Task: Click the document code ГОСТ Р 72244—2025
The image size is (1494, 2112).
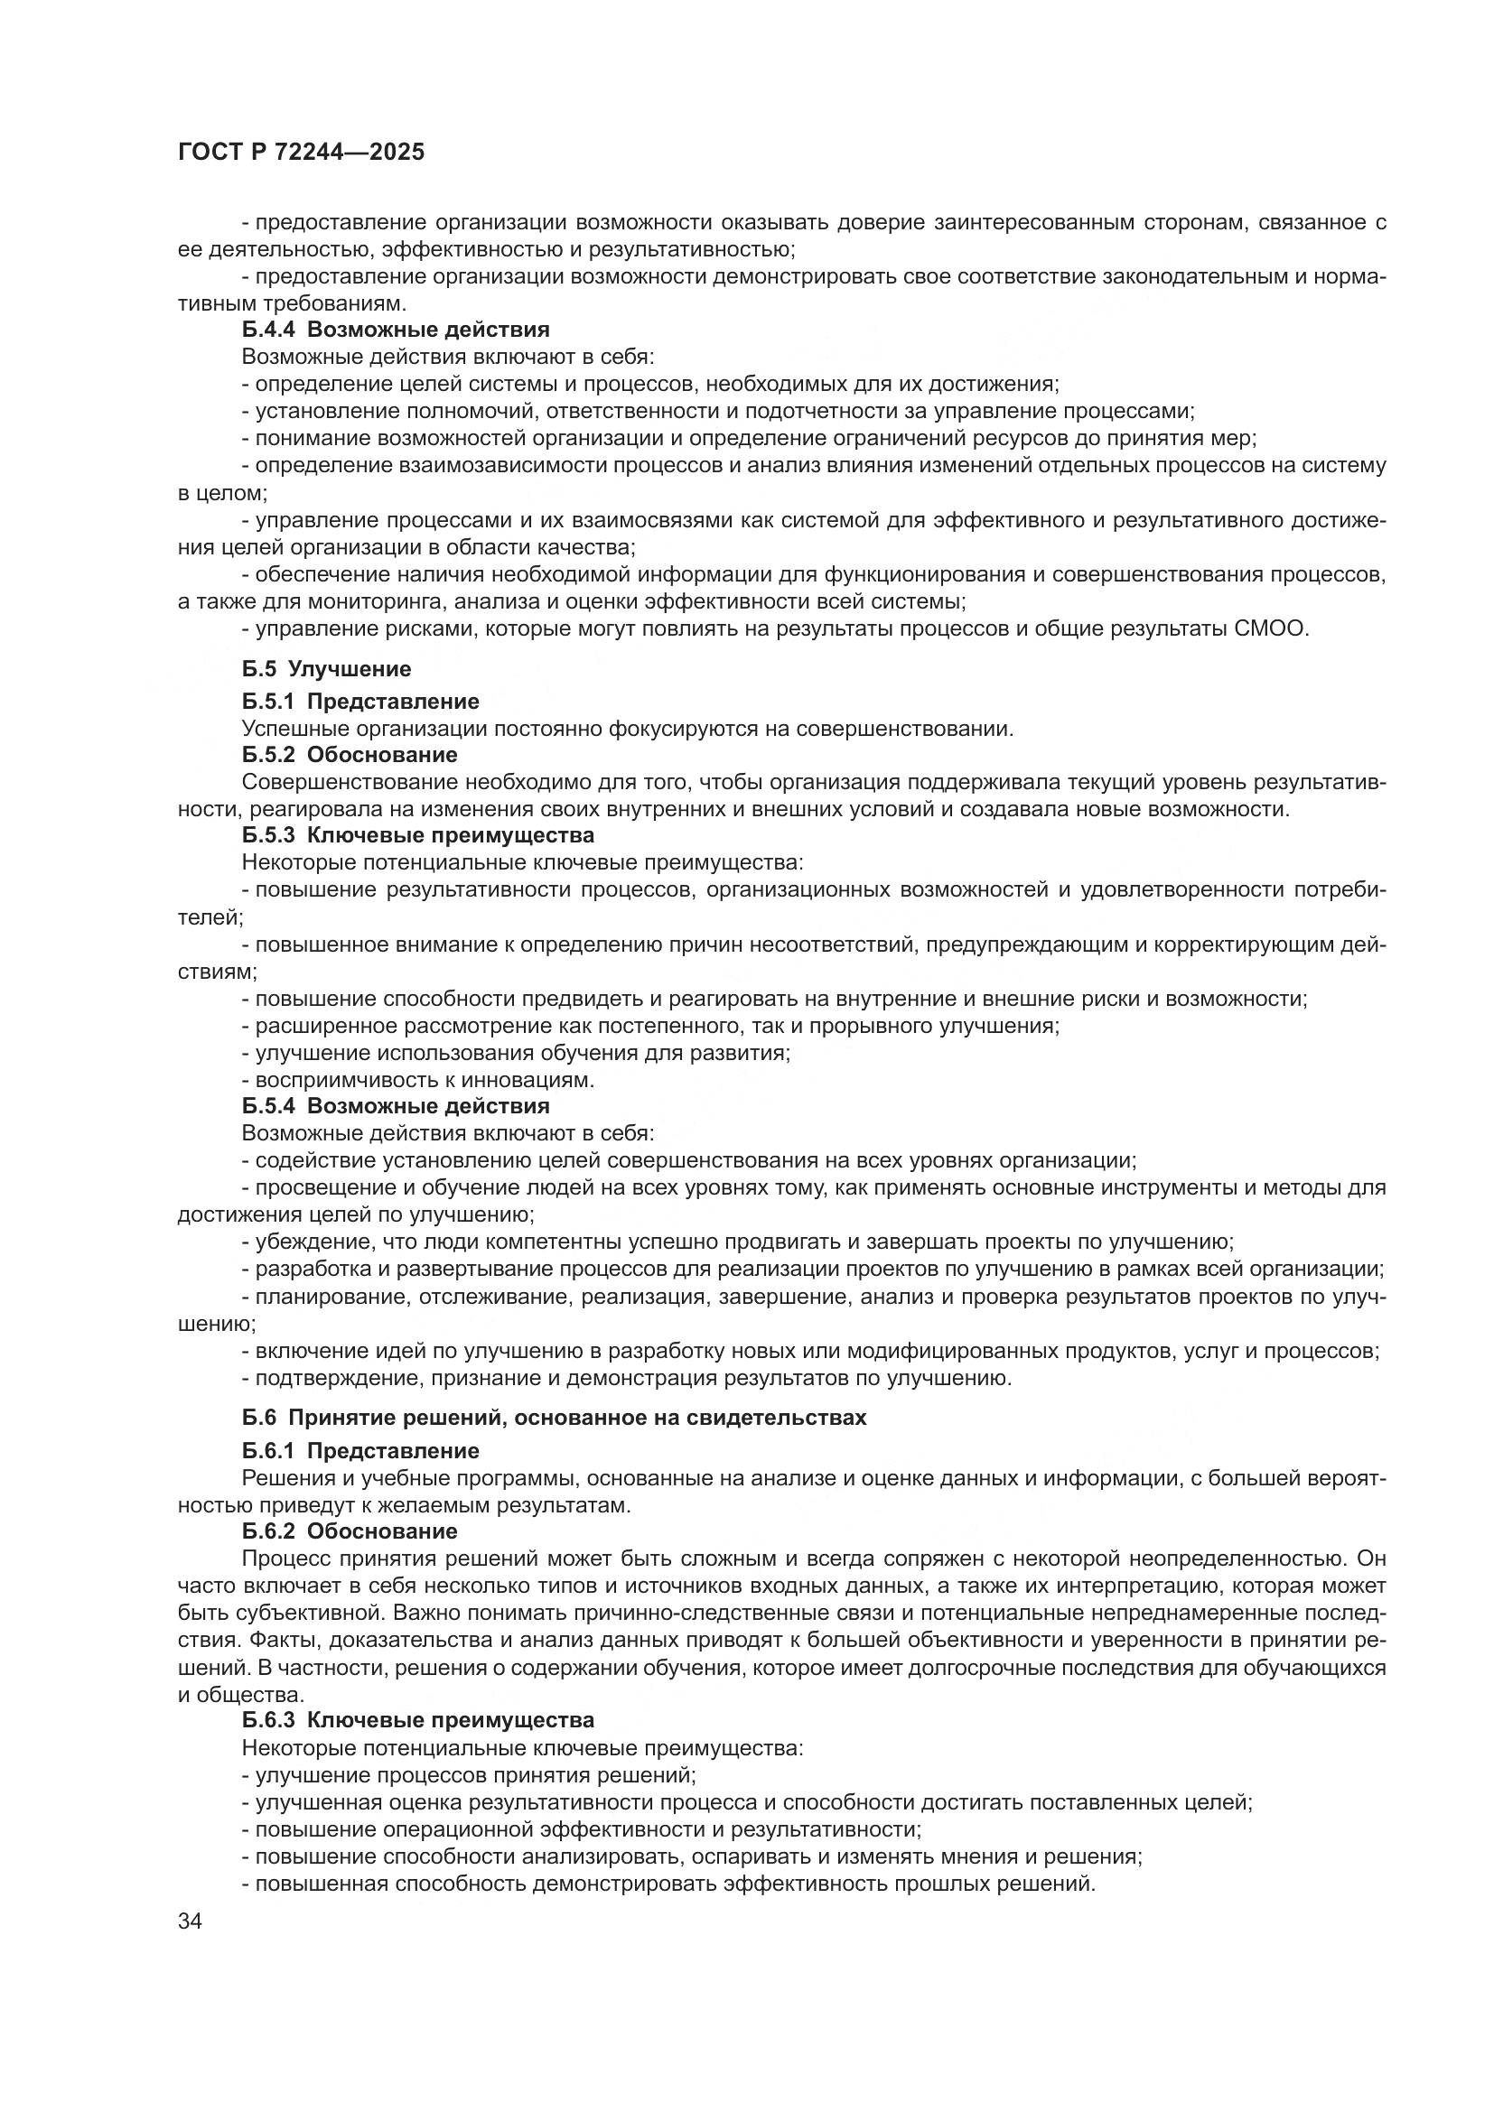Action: (x=301, y=153)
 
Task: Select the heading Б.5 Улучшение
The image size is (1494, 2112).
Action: (x=327, y=669)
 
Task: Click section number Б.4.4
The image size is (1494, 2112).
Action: (x=267, y=330)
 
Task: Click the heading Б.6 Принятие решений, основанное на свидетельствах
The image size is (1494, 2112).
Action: (x=554, y=1418)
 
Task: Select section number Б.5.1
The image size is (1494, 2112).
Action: (x=267, y=702)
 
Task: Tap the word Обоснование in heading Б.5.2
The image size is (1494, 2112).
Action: (x=382, y=755)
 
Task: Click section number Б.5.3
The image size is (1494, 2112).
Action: (x=267, y=835)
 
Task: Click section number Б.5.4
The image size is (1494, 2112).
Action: (x=267, y=1106)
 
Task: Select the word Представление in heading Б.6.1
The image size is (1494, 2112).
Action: (x=393, y=1451)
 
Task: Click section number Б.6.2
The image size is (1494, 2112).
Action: (x=267, y=1531)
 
